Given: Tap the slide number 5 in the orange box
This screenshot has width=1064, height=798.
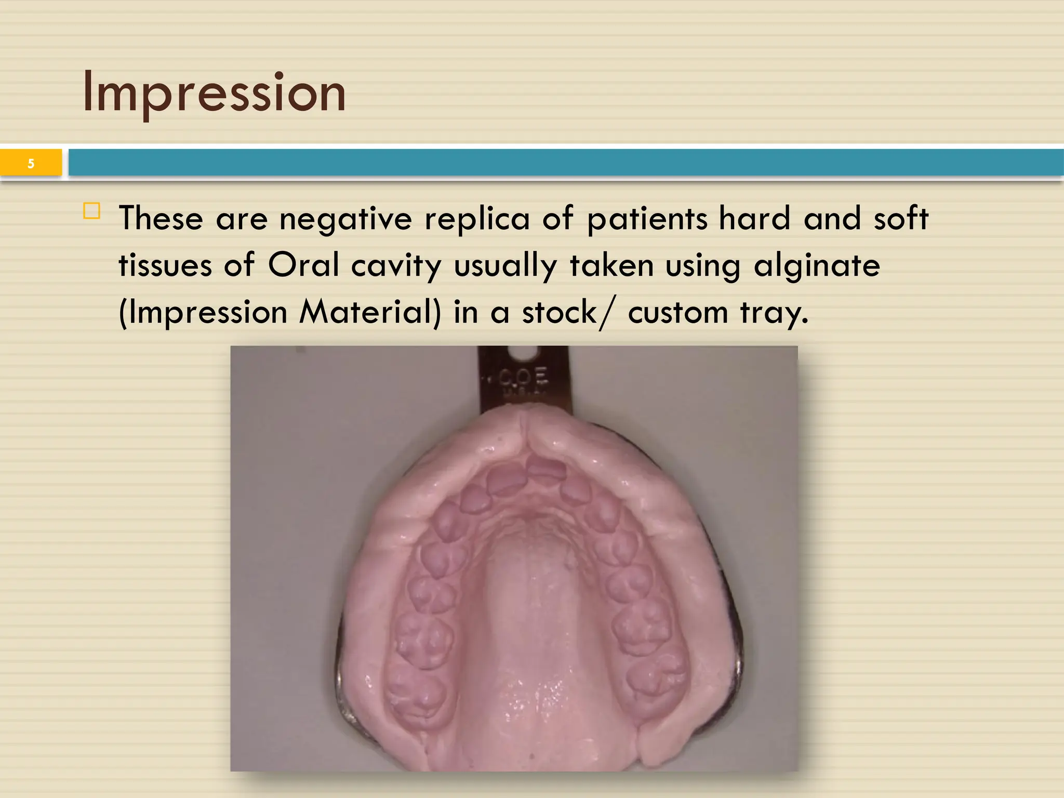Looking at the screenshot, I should pyautogui.click(x=31, y=164).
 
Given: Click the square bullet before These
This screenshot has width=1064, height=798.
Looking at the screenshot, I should pyautogui.click(x=92, y=211).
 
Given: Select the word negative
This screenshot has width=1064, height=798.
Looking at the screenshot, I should pyautogui.click(x=345, y=219).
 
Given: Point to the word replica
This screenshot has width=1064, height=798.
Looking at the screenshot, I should pyautogui.click(x=477, y=219).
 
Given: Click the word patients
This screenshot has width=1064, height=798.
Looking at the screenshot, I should pyautogui.click(x=647, y=219).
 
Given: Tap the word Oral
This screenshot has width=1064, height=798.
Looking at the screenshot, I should pyautogui.click(x=303, y=265).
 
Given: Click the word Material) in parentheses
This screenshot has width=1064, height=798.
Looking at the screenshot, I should pyautogui.click(x=370, y=313).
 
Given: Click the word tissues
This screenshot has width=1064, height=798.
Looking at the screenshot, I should pyautogui.click(x=165, y=265).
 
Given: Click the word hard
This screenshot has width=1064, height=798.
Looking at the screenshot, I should pyautogui.click(x=754, y=219).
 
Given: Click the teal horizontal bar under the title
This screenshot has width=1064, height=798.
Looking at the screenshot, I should pyautogui.click(x=565, y=163).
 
